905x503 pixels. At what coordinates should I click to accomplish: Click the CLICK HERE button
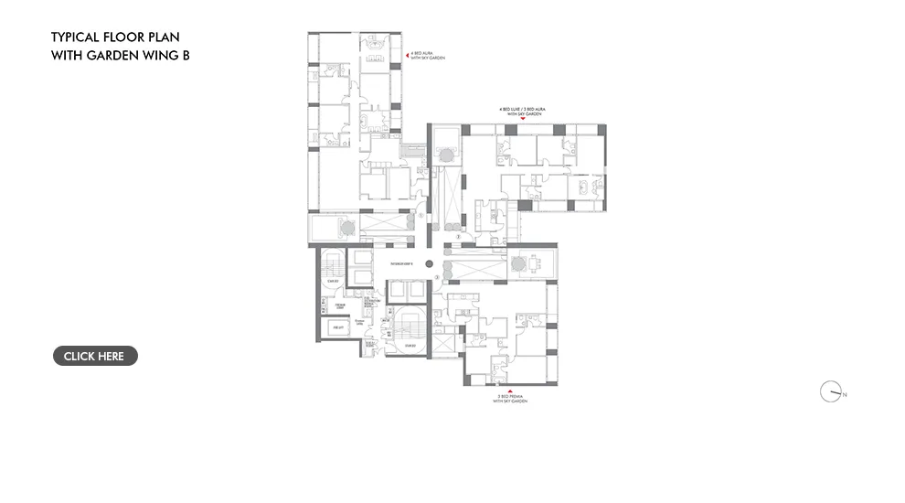point(95,356)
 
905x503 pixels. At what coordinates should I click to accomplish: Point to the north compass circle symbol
point(830,391)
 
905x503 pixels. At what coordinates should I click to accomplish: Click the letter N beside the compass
point(845,394)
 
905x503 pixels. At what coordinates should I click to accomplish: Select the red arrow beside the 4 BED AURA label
point(407,55)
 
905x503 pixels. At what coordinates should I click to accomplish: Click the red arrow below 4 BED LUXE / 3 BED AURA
point(521,119)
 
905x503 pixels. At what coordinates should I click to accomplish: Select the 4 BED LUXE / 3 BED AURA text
point(521,109)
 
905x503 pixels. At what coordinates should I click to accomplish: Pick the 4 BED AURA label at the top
point(422,55)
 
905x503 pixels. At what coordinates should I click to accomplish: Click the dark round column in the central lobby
point(428,263)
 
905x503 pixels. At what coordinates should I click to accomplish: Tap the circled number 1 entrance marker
point(421,217)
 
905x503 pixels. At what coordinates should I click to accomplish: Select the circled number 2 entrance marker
point(457,236)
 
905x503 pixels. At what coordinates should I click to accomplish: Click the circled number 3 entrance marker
point(438,276)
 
